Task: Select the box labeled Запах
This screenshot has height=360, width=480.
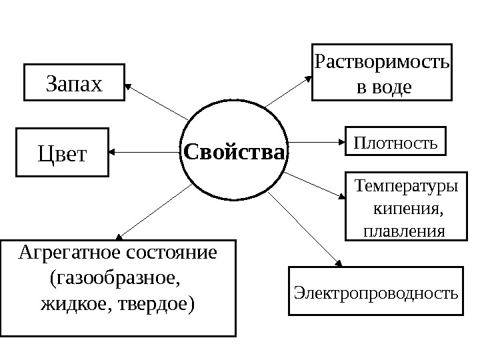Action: click(74, 83)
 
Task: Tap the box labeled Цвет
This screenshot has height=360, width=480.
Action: click(61, 154)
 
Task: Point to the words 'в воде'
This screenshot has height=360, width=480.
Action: click(382, 87)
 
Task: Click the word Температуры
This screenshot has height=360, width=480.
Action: click(407, 185)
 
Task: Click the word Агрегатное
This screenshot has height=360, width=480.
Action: click(62, 253)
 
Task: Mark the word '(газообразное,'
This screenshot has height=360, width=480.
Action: click(115, 278)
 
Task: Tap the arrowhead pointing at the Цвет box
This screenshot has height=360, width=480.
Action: click(111, 153)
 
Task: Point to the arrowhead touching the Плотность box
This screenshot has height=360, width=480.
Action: click(341, 142)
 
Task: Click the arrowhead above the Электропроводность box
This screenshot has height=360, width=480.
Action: click(337, 263)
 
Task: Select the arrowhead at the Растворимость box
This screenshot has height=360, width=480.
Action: click(309, 77)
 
